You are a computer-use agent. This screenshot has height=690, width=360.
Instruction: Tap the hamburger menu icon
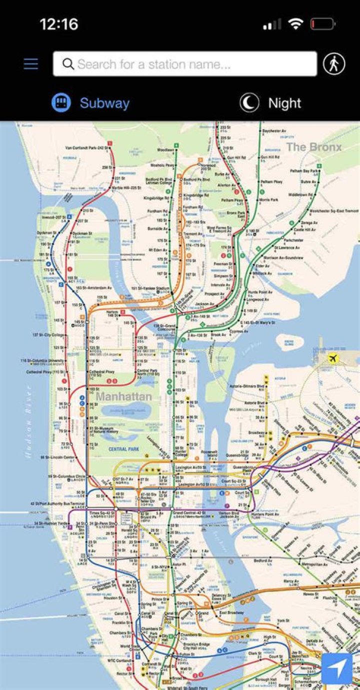coord(30,64)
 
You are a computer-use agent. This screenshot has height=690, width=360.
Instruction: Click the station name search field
coord(185,64)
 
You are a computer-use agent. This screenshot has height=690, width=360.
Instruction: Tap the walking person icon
coord(333,64)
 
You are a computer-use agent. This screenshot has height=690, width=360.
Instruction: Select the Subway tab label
coord(104,104)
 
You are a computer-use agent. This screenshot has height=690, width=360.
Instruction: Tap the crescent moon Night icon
coord(249,103)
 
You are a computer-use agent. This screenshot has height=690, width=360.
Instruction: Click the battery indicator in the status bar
coord(322,24)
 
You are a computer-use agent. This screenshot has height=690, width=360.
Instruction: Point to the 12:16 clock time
coord(58,24)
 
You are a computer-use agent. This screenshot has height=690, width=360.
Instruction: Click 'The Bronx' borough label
coord(313,147)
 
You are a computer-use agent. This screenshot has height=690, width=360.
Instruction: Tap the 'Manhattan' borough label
coord(123,397)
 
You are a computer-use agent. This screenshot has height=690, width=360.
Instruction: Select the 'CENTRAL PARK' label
coord(123,449)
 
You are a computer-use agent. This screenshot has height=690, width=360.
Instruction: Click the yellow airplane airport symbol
coord(333,358)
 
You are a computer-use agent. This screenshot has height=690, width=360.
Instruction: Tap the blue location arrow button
coord(336,668)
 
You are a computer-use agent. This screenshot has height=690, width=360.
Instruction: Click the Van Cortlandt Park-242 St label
coord(87,148)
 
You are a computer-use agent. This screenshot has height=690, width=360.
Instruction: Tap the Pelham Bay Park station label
coord(300,171)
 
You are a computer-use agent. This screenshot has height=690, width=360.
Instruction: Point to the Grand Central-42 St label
coord(189,513)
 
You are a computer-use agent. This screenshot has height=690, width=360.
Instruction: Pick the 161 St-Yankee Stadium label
coord(150,288)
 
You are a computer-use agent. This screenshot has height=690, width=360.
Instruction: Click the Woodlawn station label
coord(165,150)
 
